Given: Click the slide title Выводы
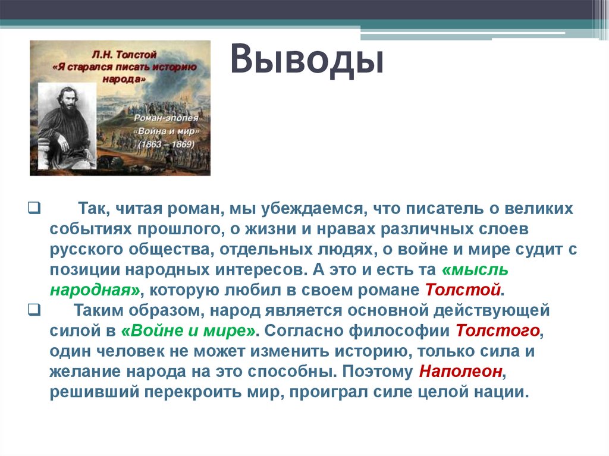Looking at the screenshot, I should [x=306, y=62].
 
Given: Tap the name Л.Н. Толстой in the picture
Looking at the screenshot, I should [x=120, y=55].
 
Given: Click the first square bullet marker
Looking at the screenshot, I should [x=33, y=209].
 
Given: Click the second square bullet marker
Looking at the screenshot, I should [x=33, y=310].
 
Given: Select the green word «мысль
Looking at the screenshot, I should [x=475, y=269].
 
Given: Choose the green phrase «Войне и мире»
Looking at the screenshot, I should [x=189, y=331].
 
